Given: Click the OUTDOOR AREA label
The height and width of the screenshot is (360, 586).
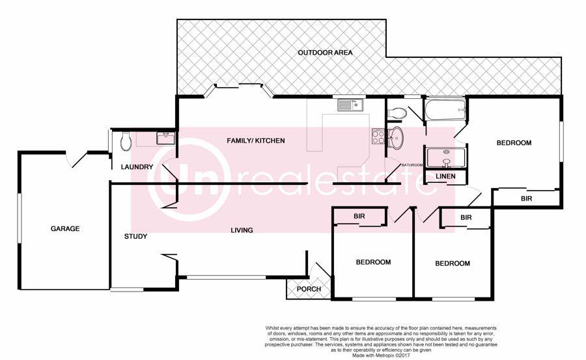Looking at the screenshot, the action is pos(325,53).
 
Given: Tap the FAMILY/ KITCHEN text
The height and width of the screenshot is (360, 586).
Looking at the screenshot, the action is pos(256,141).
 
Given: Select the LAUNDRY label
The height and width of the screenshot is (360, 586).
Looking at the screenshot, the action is pos(137,167).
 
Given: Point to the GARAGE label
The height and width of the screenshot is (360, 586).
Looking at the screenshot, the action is pos(65,228).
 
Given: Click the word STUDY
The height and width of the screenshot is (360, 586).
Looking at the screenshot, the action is pos(135,236).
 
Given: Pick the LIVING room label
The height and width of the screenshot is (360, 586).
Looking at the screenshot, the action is pos(242,230).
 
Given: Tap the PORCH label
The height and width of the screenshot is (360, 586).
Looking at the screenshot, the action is pos(309,289).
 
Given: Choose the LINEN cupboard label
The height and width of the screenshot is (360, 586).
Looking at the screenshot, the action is pos(445,176).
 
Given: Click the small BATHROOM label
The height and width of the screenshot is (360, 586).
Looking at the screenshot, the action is pos(412,165).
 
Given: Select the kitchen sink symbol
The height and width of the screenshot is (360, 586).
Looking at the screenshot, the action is pos(350,105).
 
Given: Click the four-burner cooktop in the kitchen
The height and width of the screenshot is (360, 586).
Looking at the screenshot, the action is pos(378,136).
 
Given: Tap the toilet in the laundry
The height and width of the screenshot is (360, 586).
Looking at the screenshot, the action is pos(126,143).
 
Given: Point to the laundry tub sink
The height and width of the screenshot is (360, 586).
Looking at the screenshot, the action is pos(165,138).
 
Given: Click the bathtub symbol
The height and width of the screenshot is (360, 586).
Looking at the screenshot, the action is pos(445,109).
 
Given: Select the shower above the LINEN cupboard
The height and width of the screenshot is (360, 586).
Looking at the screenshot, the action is pos(445,159).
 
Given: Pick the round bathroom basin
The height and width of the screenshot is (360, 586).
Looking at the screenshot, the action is pos(395,137).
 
